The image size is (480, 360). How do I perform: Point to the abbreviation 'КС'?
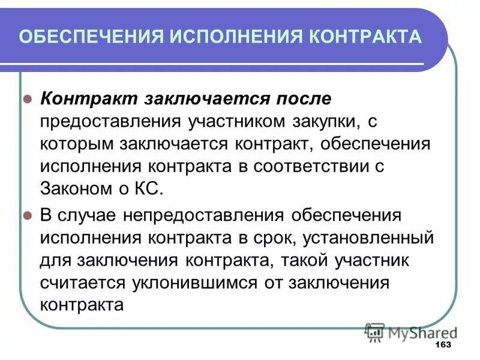(x=149, y=190)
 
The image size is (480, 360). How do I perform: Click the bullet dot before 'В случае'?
(x=27, y=215)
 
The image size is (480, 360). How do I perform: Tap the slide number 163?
(x=442, y=346)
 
